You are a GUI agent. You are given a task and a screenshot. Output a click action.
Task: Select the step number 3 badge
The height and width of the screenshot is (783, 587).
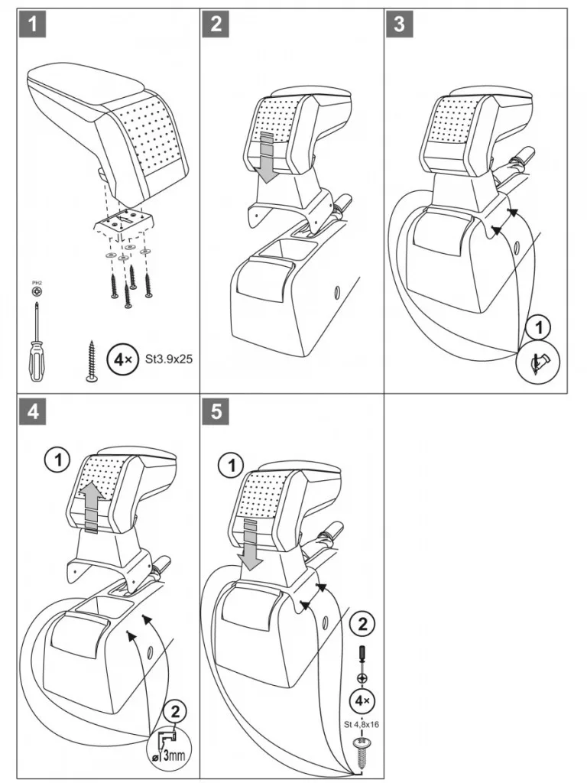point(399,24)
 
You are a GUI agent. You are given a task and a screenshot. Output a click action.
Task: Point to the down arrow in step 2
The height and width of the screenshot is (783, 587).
point(267,157)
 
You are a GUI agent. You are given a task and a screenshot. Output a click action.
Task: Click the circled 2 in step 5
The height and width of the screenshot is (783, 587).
point(362,624)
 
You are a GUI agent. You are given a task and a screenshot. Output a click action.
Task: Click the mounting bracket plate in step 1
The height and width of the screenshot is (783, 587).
point(125,223)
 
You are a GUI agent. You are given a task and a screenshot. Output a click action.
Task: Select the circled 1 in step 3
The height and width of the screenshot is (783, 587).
point(539,329)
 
